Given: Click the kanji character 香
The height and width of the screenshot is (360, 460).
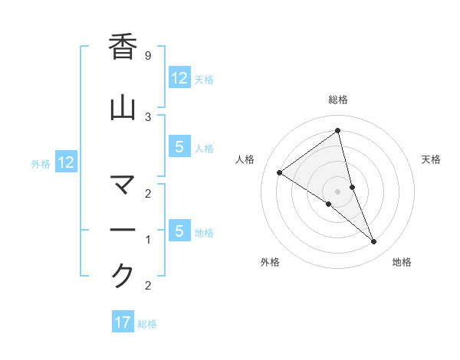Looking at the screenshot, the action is (123, 47).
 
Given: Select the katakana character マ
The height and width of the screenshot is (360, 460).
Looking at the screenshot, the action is (123, 186).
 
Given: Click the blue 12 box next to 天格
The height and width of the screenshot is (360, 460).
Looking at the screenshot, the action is (179, 78).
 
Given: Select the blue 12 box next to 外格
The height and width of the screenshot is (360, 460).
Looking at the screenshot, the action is (65, 162).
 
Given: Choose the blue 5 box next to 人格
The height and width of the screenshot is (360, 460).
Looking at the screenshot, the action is (179, 148).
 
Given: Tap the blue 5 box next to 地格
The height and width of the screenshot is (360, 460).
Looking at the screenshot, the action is (179, 231).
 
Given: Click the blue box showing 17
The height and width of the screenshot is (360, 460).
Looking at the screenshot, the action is (123, 322).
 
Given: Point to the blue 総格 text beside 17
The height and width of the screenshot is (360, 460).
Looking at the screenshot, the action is (147, 324).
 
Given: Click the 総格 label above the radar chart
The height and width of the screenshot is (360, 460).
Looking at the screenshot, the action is (338, 100).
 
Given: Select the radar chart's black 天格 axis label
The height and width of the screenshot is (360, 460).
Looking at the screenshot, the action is (431, 159).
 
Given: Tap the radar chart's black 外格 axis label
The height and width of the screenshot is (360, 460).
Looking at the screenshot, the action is (270, 262).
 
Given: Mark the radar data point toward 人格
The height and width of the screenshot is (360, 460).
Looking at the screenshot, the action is (279, 172).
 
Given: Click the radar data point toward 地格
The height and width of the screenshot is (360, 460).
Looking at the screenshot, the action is (374, 242).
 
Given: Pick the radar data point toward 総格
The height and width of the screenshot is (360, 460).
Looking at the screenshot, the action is (338, 131).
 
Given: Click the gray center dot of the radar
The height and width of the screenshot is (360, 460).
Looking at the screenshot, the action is (338, 191).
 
